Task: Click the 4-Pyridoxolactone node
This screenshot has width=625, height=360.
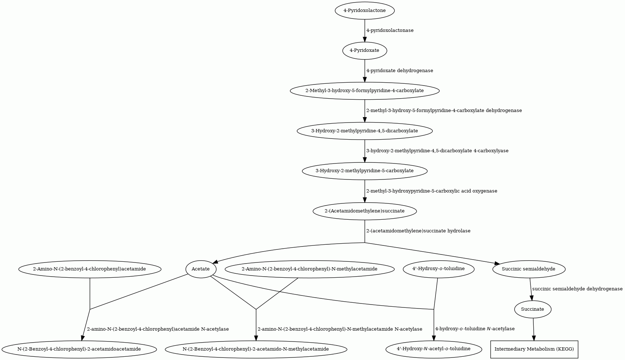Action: click(x=364, y=11)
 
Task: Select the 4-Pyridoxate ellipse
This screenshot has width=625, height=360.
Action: click(x=364, y=50)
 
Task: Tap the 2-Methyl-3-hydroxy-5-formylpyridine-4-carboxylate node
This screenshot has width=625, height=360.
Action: click(x=364, y=91)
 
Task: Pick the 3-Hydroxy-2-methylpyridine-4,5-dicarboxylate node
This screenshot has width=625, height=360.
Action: click(x=364, y=131)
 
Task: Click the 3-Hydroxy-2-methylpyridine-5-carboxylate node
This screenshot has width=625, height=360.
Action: click(x=364, y=171)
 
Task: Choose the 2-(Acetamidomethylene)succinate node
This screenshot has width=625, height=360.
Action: click(x=364, y=211)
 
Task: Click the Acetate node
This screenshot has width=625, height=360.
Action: click(x=201, y=269)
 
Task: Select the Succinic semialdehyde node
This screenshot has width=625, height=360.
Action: click(x=529, y=269)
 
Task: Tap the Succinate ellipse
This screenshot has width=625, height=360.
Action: click(x=533, y=309)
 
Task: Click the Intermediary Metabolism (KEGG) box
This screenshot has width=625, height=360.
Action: click(x=534, y=349)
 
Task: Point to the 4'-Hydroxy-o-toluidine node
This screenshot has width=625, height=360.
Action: click(x=438, y=269)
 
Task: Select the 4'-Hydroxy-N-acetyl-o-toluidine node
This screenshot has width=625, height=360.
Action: click(x=434, y=349)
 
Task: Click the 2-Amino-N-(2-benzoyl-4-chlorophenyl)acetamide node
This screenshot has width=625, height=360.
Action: click(x=89, y=269)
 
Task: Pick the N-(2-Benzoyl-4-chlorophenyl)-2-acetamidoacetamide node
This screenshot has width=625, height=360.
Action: click(x=79, y=349)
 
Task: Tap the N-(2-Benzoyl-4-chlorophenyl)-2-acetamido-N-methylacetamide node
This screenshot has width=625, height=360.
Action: click(x=256, y=349)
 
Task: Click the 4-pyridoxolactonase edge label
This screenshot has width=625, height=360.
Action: click(x=390, y=30)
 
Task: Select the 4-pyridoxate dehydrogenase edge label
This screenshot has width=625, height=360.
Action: click(x=400, y=71)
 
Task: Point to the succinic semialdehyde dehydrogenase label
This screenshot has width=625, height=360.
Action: click(x=578, y=289)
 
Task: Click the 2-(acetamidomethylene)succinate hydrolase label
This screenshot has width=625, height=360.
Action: click(x=418, y=231)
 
